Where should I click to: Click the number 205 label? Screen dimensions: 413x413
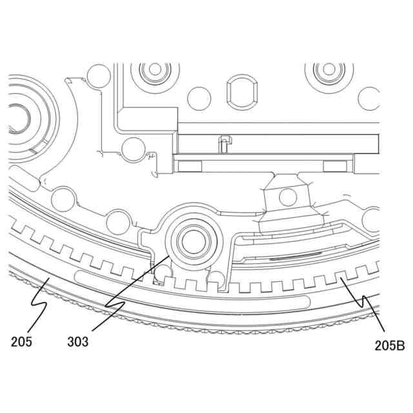[21, 342]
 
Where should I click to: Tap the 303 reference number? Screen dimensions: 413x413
[78, 342]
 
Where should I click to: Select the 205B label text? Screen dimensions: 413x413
[390, 346]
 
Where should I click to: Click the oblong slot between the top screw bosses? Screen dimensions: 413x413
[241, 92]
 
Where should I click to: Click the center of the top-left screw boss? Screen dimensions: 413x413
[155, 70]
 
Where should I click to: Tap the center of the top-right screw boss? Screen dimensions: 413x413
[329, 70]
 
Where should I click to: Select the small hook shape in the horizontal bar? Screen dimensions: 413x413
[225, 144]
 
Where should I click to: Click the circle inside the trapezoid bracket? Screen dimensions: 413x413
[288, 197]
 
